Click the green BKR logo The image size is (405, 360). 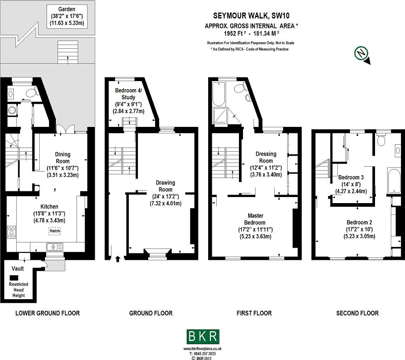click(x=203, y=336)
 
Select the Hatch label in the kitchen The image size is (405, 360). click(x=55, y=231)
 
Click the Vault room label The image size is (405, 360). click(x=17, y=268)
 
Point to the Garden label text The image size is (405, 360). click(x=66, y=9)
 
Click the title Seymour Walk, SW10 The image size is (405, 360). click(x=252, y=16)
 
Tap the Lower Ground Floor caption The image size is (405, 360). click(x=47, y=313)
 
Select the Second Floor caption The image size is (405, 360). click(x=357, y=313)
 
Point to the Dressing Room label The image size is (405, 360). click(x=266, y=157)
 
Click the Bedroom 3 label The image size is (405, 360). click(x=351, y=178)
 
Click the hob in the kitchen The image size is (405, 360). click(x=11, y=232)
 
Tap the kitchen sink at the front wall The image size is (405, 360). click(x=54, y=246)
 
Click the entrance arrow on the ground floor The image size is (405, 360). click(x=118, y=258)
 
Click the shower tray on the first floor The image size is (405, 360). click(x=221, y=116)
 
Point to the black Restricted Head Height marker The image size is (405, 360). click(x=14, y=278)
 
